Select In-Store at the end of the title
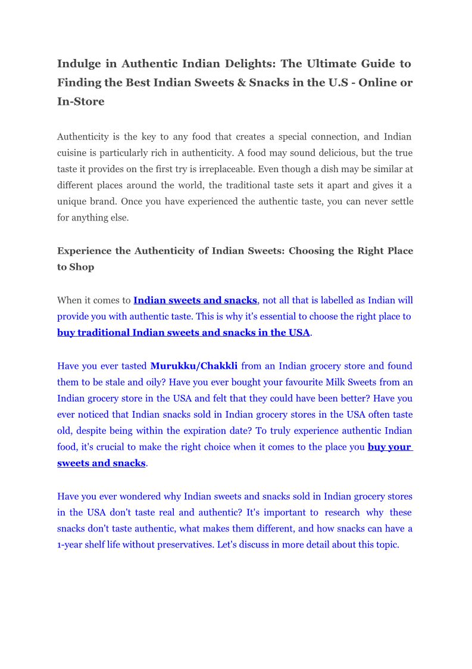click(81, 102)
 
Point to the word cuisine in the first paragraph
click(76, 153)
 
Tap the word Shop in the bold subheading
click(82, 267)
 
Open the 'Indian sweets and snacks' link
click(195, 300)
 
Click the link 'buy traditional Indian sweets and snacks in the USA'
click(183, 332)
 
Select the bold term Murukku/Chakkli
click(194, 366)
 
